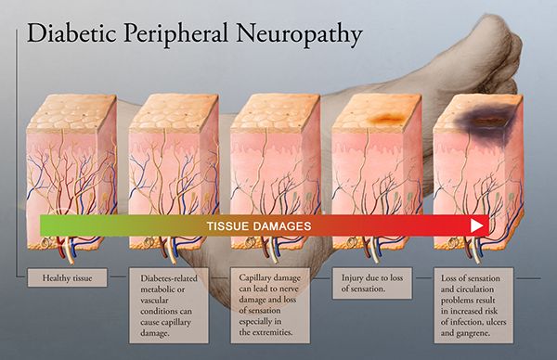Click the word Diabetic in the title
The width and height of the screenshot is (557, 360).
[71, 32]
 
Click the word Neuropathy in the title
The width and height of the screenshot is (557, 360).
[300, 34]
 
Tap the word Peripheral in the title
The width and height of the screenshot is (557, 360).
[176, 34]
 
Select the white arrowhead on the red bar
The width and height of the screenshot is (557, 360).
[477, 225]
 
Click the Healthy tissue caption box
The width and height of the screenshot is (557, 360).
[67, 277]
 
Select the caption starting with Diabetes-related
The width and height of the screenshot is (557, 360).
[169, 305]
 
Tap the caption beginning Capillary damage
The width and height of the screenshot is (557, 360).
[270, 305]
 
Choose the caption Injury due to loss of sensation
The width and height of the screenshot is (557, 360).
[372, 283]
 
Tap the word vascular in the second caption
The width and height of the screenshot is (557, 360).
[154, 301]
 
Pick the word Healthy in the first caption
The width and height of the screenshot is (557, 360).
[54, 278]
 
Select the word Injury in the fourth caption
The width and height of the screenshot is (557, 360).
[351, 278]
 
